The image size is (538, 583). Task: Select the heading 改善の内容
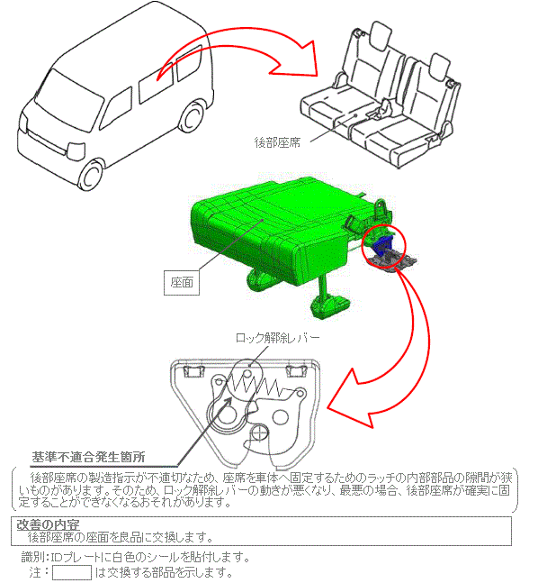[x=48, y=524]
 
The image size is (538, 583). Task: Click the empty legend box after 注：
[x=72, y=572]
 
